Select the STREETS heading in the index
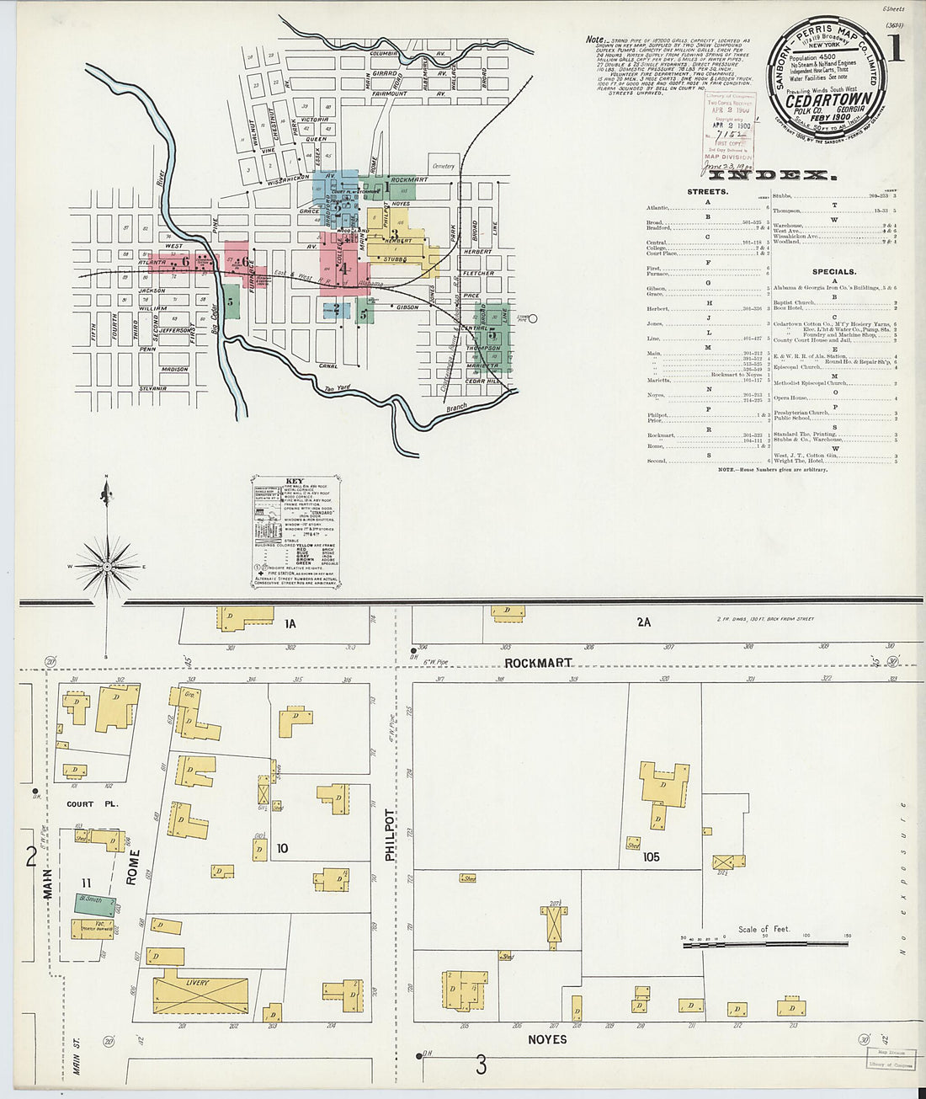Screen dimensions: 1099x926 point(707,192)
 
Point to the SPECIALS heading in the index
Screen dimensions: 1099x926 point(834,272)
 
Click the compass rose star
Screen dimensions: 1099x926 point(107,568)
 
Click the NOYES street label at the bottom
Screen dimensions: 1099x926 point(547,1040)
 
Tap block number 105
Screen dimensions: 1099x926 point(651,857)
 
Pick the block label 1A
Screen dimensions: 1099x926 point(290,624)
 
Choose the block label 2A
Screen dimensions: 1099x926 point(644,622)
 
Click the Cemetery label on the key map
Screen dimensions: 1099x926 point(444,167)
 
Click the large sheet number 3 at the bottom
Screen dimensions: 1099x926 point(481,1066)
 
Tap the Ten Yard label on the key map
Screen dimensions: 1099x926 point(339,389)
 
